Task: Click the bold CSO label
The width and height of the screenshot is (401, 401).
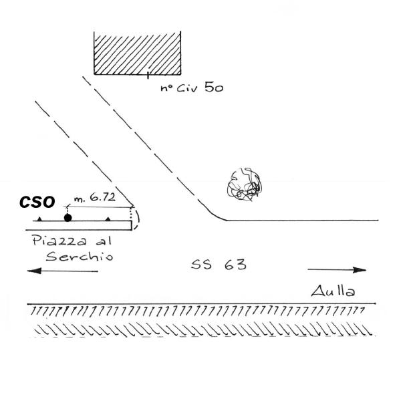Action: [37, 202]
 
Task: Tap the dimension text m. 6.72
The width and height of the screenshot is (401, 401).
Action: [95, 197]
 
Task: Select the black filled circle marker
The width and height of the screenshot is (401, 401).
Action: [68, 218]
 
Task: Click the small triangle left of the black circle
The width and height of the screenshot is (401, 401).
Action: [39, 219]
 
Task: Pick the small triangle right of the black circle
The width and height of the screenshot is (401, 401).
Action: [108, 219]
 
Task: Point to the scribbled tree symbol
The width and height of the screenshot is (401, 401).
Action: [245, 184]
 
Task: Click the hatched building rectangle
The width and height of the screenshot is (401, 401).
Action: [137, 53]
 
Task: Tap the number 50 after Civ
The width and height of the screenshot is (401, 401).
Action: [214, 88]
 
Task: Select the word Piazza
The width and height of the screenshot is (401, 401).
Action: [59, 241]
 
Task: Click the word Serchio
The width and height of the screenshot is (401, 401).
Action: [80, 256]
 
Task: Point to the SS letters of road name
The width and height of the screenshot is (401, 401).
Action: [202, 265]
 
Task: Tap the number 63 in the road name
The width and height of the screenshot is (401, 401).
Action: [235, 265]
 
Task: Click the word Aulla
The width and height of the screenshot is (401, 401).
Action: [333, 291]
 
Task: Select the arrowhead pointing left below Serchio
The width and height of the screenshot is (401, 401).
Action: [34, 271]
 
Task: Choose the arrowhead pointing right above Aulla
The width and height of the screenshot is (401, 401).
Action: [360, 270]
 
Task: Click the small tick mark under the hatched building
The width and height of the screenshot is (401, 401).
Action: [148, 74]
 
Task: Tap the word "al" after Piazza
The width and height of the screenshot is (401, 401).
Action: [104, 241]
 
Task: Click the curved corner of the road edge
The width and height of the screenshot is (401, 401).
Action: [216, 217]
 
